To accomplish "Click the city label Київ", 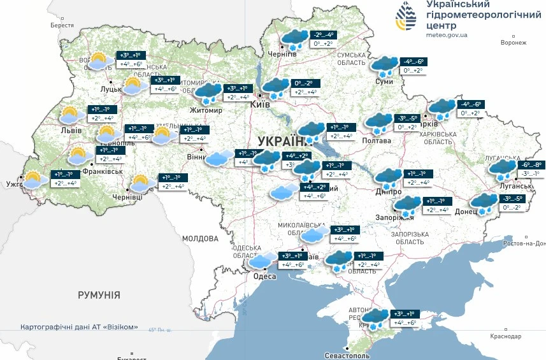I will tap(261, 104).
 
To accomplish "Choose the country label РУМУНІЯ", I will tap(99, 295).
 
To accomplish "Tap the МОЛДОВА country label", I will tap(200, 238).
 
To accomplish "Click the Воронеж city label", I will tap(514, 43).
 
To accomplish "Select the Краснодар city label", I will tap(506, 336).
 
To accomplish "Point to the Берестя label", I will tap(62, 25).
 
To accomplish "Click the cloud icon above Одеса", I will tap(262, 260).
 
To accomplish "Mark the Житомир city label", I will tap(205, 110).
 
